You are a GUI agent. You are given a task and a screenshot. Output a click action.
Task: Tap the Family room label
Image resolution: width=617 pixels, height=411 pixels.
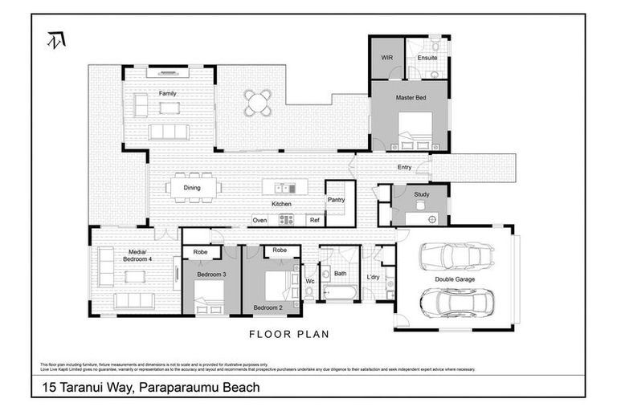(x=167, y=93)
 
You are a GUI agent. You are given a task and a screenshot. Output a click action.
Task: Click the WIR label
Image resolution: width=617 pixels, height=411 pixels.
(x=386, y=59)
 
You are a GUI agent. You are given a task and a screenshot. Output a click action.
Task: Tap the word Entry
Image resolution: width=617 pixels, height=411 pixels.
(x=404, y=167)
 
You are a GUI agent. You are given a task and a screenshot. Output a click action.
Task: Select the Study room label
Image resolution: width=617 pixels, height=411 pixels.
(x=422, y=195)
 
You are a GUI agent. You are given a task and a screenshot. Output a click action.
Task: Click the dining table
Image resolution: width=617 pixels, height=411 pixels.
(x=192, y=188)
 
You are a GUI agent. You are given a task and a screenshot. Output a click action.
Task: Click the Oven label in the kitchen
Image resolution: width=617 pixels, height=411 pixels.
(x=259, y=220)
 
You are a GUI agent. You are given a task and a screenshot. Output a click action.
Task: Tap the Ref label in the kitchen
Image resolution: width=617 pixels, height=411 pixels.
(x=314, y=220)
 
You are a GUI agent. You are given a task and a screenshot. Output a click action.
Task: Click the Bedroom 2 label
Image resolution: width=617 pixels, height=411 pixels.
(x=268, y=307)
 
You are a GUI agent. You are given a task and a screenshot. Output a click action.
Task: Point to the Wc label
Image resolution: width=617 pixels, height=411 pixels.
(x=309, y=281)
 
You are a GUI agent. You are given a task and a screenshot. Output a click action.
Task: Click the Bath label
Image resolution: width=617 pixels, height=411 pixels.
(x=341, y=274)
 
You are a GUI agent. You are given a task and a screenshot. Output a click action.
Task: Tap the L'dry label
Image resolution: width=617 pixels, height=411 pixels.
(x=373, y=277)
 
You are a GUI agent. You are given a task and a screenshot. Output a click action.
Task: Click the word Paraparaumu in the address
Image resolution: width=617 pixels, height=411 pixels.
(x=174, y=388)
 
